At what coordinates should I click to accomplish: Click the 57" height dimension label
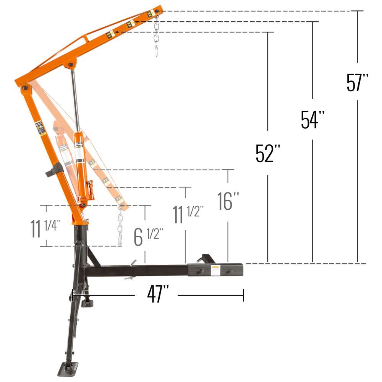(358, 82)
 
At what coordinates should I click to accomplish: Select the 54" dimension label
(312, 120)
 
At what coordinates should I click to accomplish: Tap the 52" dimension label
(268, 153)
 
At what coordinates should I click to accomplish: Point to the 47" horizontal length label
(157, 295)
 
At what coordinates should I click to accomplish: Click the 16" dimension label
(228, 201)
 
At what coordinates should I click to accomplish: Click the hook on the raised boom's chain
(157, 51)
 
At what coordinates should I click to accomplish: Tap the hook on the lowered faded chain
(121, 240)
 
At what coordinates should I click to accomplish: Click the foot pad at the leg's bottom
(68, 368)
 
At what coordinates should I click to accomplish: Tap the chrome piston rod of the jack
(75, 99)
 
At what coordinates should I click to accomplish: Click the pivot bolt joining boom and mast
(25, 88)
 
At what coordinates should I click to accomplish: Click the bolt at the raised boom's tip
(157, 11)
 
